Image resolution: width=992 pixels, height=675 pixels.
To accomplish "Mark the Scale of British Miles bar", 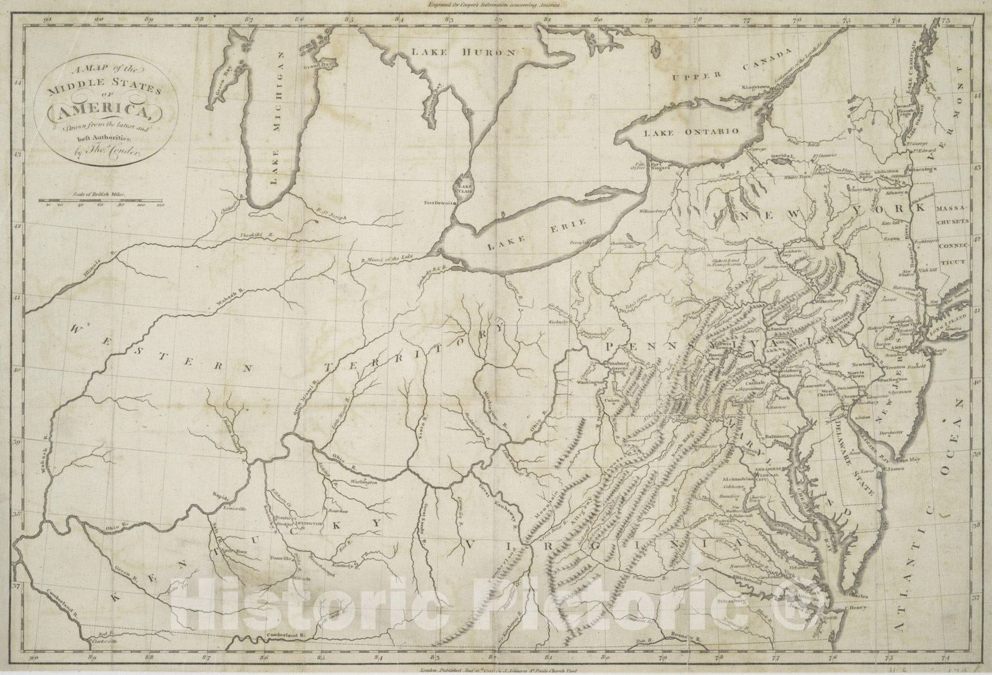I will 99,200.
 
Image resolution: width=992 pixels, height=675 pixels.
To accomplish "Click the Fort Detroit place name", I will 436,203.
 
